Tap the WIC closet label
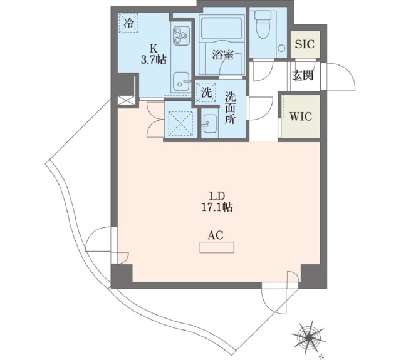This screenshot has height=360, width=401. point(300,116)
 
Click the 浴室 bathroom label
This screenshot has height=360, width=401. point(222,55)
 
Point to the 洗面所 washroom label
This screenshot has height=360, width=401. point(230,108)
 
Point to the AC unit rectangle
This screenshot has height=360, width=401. point(216,249)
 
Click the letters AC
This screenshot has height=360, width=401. point(216,235)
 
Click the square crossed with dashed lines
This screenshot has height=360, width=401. point(180,121)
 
